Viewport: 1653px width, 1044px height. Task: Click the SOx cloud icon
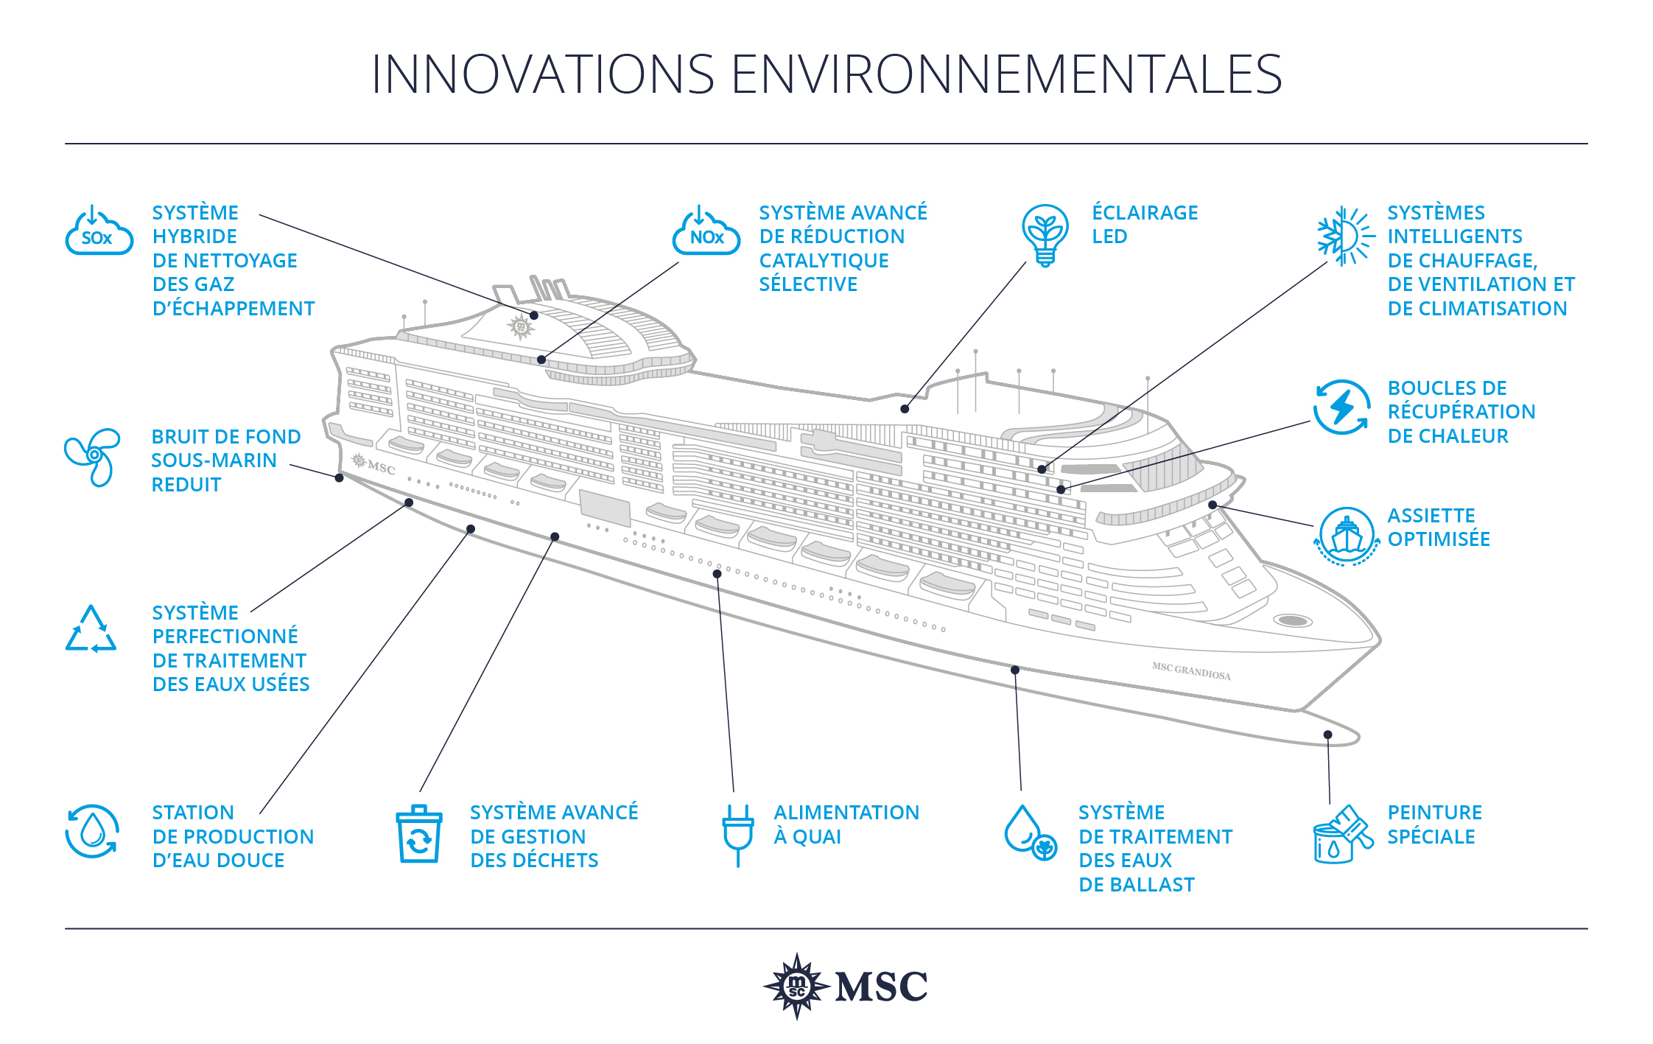[99, 231]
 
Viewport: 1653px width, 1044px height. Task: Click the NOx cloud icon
[706, 231]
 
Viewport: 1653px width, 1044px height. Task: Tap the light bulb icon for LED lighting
[1045, 235]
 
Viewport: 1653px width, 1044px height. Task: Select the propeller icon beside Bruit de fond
[93, 457]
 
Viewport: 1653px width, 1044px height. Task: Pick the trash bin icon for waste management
[419, 834]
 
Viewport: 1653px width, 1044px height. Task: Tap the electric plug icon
[737, 835]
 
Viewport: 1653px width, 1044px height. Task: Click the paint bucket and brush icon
[1343, 834]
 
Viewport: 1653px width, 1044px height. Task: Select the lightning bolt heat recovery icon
[1341, 407]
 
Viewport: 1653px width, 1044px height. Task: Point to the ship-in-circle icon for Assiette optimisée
[1346, 536]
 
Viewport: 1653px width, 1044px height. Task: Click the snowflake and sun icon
[1345, 236]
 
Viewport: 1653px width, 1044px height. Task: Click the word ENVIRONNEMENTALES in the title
[1006, 74]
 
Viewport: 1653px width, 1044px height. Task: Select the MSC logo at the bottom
[845, 986]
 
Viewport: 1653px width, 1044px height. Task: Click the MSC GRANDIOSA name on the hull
[1191, 671]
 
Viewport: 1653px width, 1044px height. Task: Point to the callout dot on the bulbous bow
[1327, 735]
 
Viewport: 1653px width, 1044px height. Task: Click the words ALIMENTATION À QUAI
[846, 824]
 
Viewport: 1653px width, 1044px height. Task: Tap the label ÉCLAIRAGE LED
[1145, 225]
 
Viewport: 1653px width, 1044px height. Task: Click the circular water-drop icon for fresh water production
[92, 832]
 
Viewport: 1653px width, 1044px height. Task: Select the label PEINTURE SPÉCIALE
[1434, 824]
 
